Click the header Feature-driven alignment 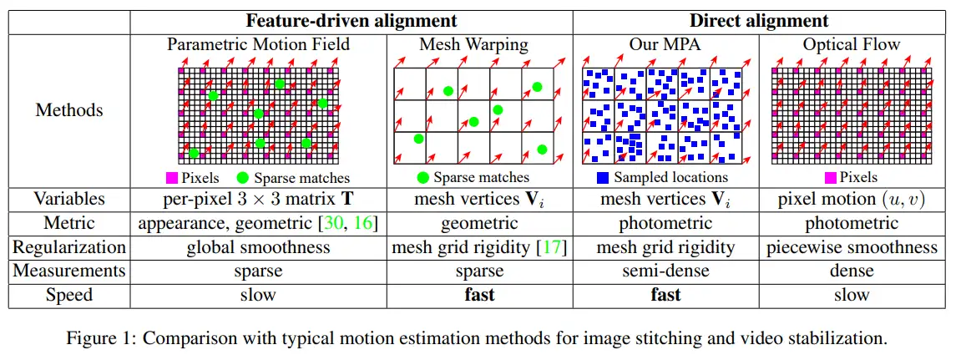pyautogui.click(x=351, y=21)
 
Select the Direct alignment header pyautogui.click(x=759, y=21)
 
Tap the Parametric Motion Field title pyautogui.click(x=259, y=44)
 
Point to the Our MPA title pyautogui.click(x=665, y=44)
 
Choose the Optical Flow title pyautogui.click(x=852, y=44)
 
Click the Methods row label pyautogui.click(x=69, y=109)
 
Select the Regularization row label pyautogui.click(x=69, y=247)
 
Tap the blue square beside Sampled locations pyautogui.click(x=603, y=177)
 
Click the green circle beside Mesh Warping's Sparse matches pyautogui.click(x=422, y=177)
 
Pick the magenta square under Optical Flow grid pyautogui.click(x=831, y=177)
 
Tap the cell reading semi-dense pyautogui.click(x=665, y=271)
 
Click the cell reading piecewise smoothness pyautogui.click(x=852, y=248)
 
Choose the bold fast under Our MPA pyautogui.click(x=665, y=295)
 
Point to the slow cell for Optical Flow pyautogui.click(x=852, y=295)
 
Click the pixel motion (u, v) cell pyautogui.click(x=852, y=200)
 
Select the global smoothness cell pyautogui.click(x=259, y=248)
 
